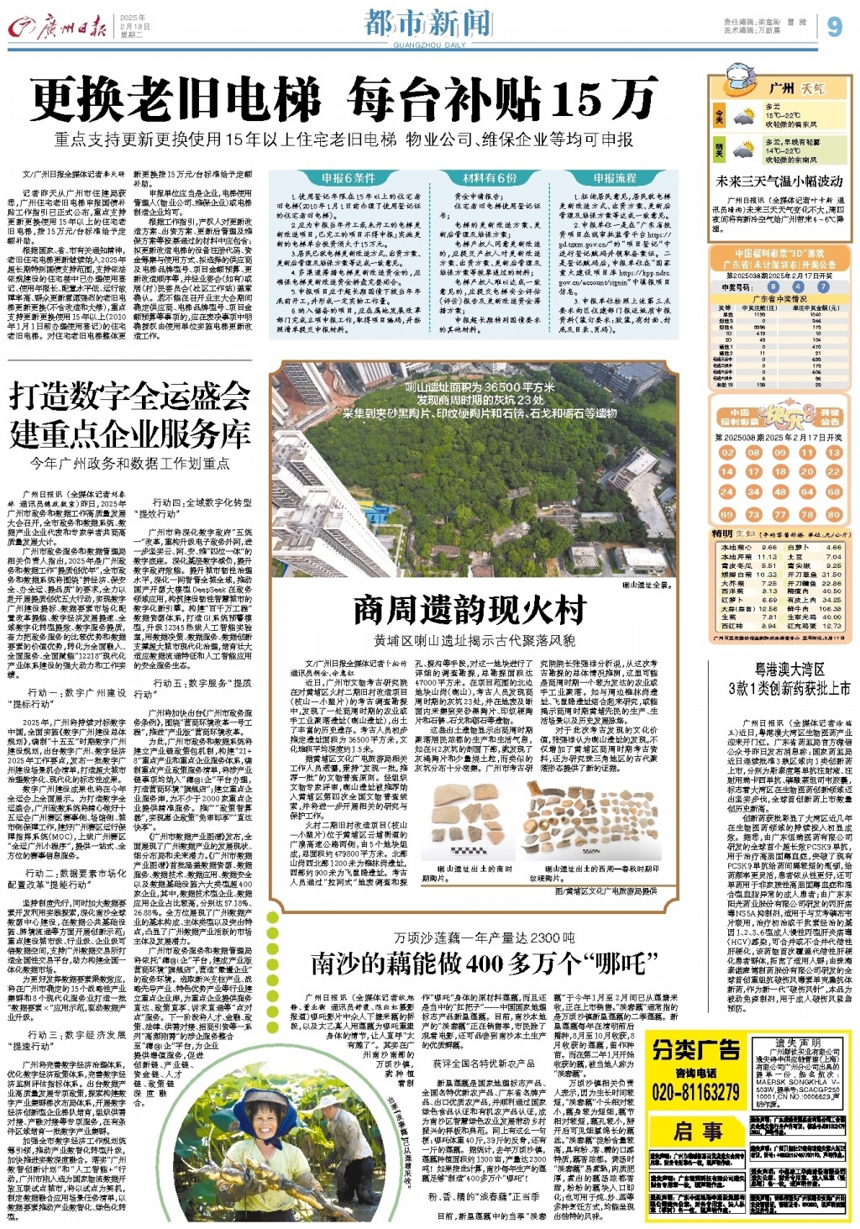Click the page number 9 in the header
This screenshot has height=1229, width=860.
pyautogui.click(x=834, y=26)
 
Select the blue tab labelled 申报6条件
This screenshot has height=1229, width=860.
pyautogui.click(x=348, y=178)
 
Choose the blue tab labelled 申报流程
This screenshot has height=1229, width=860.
pyautogui.click(x=615, y=178)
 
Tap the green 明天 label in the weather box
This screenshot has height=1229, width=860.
pyautogui.click(x=719, y=150)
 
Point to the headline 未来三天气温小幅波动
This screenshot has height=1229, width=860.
pyautogui.click(x=779, y=181)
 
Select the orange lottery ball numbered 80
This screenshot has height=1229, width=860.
pyautogui.click(x=833, y=514)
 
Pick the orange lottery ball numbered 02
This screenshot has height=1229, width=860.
pyautogui.click(x=727, y=452)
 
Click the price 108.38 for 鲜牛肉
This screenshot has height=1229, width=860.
pyautogui.click(x=831, y=609)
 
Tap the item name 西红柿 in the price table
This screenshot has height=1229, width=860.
pyautogui.click(x=733, y=626)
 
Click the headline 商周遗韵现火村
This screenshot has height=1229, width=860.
pyautogui.click(x=469, y=611)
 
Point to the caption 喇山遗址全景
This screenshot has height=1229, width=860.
pyautogui.click(x=646, y=585)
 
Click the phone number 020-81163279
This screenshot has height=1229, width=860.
pyautogui.click(x=695, y=1093)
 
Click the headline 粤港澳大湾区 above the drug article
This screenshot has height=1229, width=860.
pyautogui.click(x=789, y=669)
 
